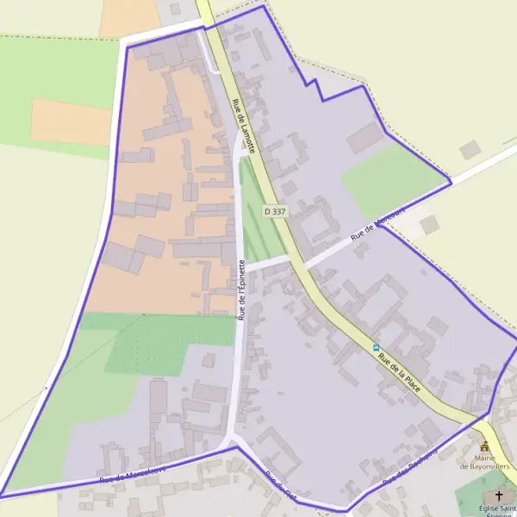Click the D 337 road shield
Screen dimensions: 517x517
[x=275, y=210]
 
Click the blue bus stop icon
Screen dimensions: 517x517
[x=376, y=348]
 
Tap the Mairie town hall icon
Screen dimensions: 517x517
[x=484, y=446]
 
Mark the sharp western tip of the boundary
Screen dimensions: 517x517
[x=3, y=495]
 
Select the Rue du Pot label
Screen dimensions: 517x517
[x=281, y=488]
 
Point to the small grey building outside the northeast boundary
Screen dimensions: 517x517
[x=470, y=150]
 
